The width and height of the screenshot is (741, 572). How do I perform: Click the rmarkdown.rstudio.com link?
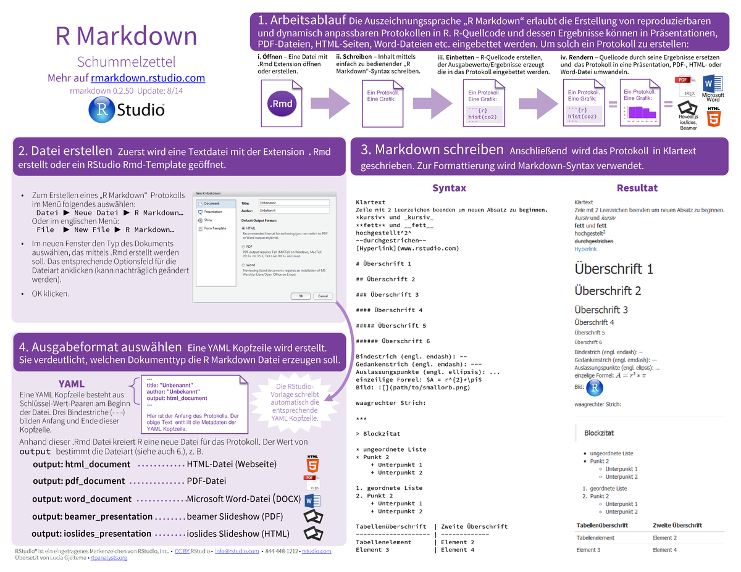(x=148, y=78)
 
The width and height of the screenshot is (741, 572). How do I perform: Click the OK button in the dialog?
(x=301, y=296)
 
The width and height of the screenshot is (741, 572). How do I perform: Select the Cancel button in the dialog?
(x=322, y=296)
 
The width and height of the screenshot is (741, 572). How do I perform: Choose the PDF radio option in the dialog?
(x=243, y=246)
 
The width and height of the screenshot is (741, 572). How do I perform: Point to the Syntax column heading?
(x=449, y=188)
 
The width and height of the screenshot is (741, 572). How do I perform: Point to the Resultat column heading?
(x=637, y=188)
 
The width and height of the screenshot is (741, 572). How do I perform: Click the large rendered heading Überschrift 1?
(x=613, y=269)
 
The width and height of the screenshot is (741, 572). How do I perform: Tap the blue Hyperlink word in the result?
(x=585, y=249)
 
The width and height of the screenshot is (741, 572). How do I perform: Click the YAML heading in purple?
(x=71, y=384)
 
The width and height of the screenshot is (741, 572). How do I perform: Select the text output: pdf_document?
(x=78, y=481)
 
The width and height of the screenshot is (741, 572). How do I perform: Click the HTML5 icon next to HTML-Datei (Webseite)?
(x=313, y=463)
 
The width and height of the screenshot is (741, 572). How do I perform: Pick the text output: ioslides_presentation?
(x=91, y=534)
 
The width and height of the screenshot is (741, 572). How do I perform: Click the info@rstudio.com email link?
(x=230, y=551)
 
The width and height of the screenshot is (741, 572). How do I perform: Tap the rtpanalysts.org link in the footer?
(x=109, y=558)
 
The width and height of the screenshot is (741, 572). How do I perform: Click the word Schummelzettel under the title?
(x=126, y=62)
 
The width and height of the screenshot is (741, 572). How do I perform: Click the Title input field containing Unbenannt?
(x=294, y=202)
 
